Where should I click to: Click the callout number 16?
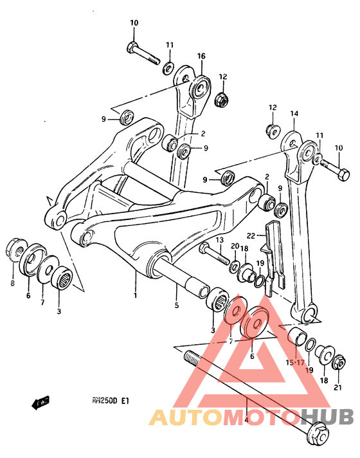201,57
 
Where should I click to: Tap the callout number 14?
294,114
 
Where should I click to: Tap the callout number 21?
337,387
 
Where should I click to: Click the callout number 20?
235,246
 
